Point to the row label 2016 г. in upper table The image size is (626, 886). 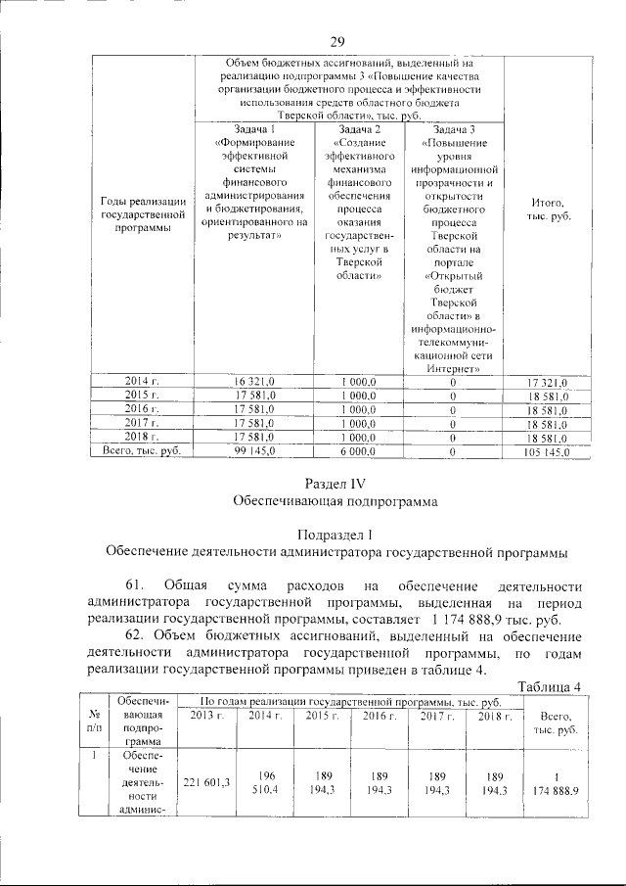click(x=142, y=408)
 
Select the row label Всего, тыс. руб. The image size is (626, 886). click(x=142, y=451)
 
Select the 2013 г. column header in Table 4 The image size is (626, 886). click(x=206, y=719)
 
